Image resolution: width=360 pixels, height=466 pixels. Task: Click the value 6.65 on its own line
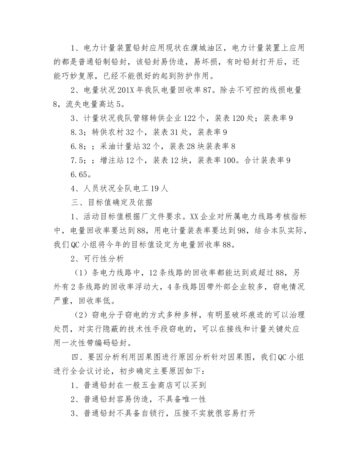click(x=81, y=174)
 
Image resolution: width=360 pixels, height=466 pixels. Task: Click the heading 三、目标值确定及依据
click(x=112, y=202)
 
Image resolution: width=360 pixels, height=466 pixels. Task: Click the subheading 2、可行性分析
click(x=97, y=258)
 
